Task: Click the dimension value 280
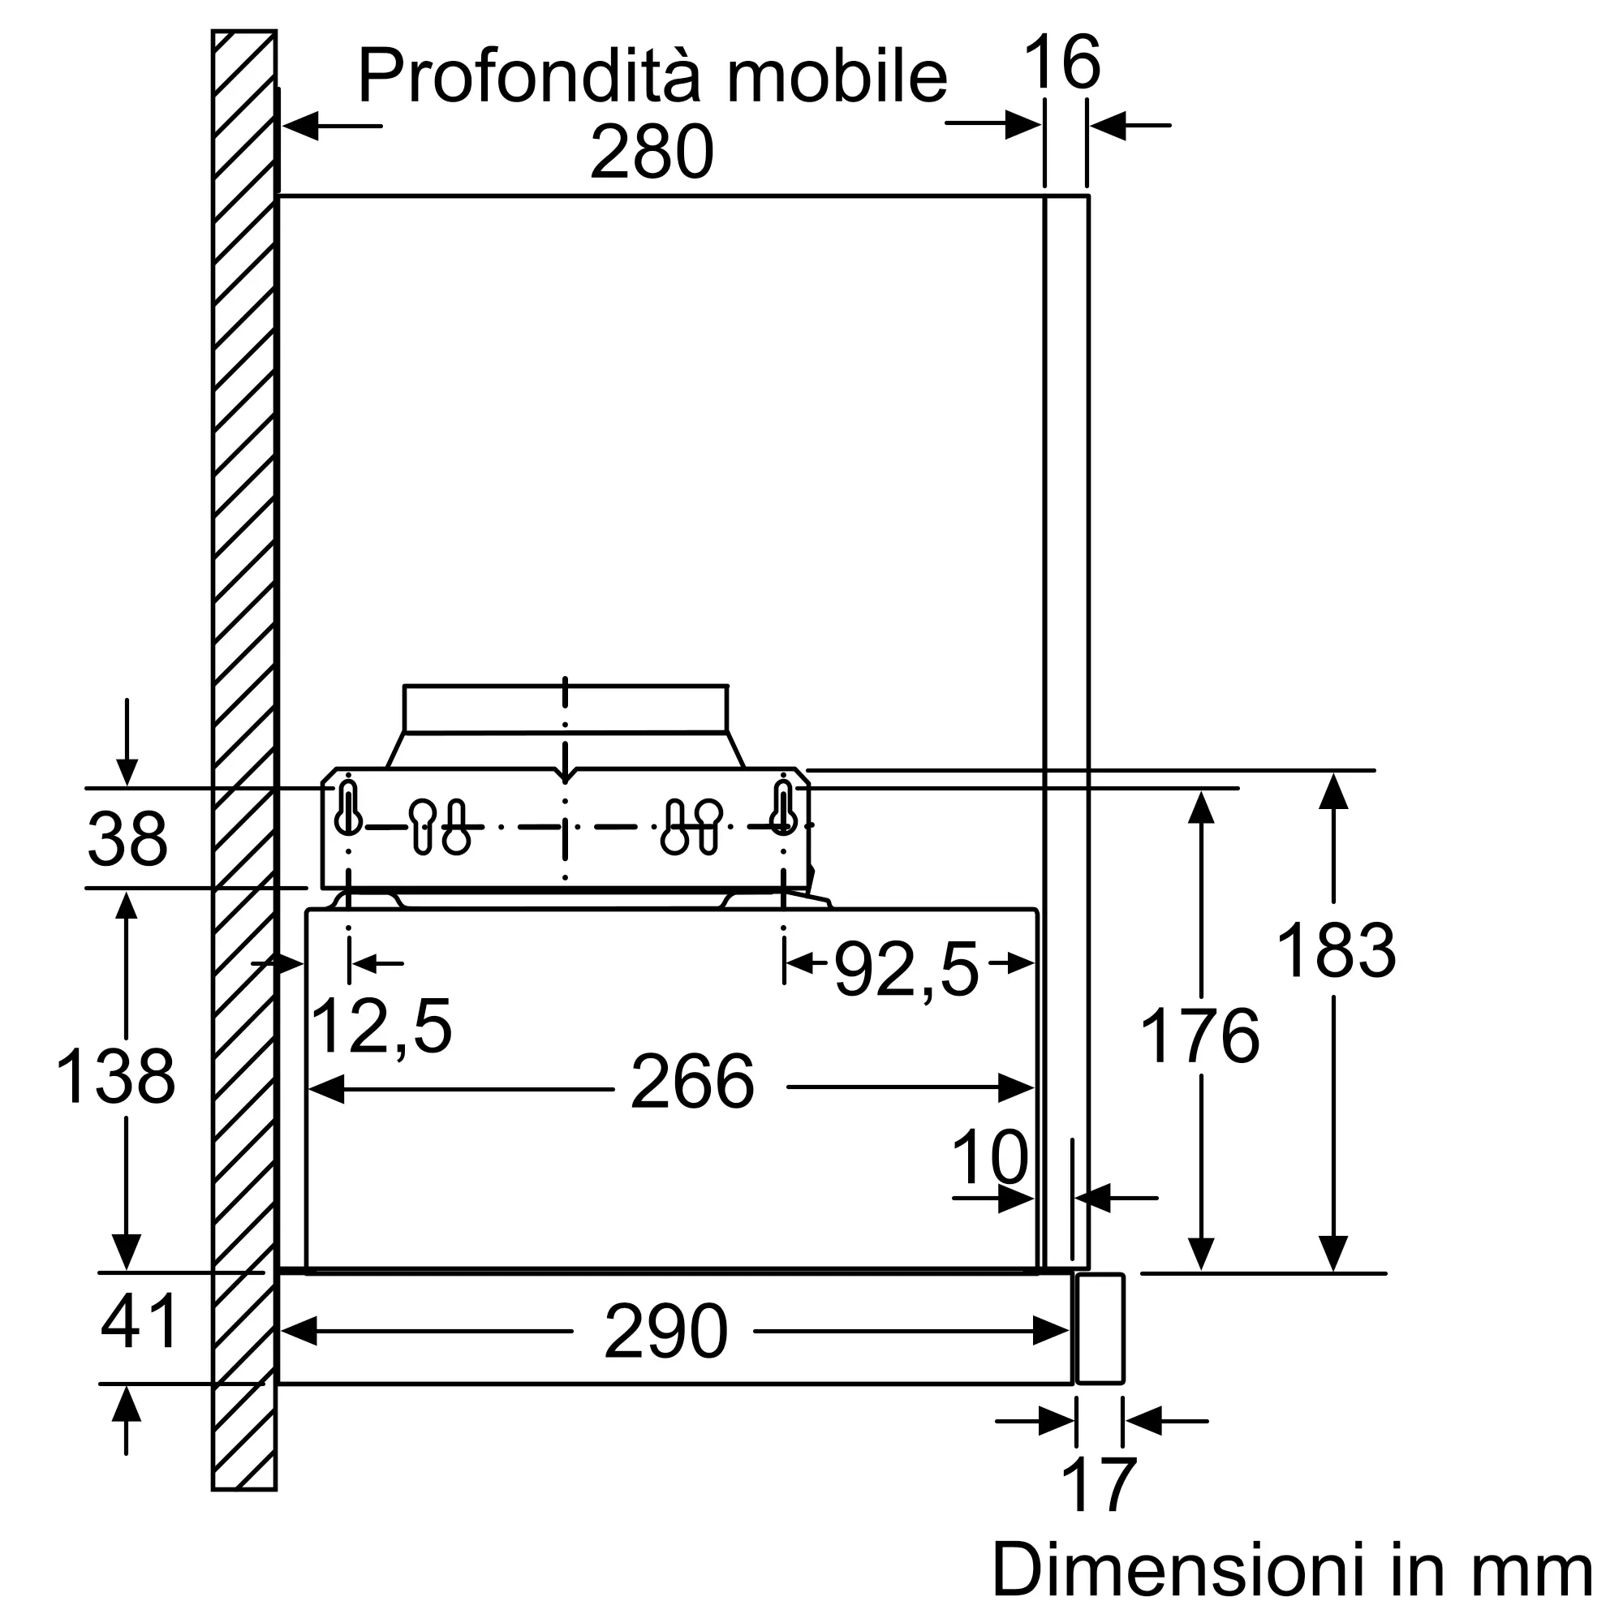click(652, 152)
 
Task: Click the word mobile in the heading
click(837, 75)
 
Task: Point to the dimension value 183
click(1336, 950)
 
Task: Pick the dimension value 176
click(1199, 1035)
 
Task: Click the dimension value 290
click(665, 1332)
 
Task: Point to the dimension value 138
click(115, 1076)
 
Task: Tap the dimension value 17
click(1099, 1484)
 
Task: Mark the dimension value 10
click(989, 1156)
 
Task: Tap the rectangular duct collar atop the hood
click(566, 709)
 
